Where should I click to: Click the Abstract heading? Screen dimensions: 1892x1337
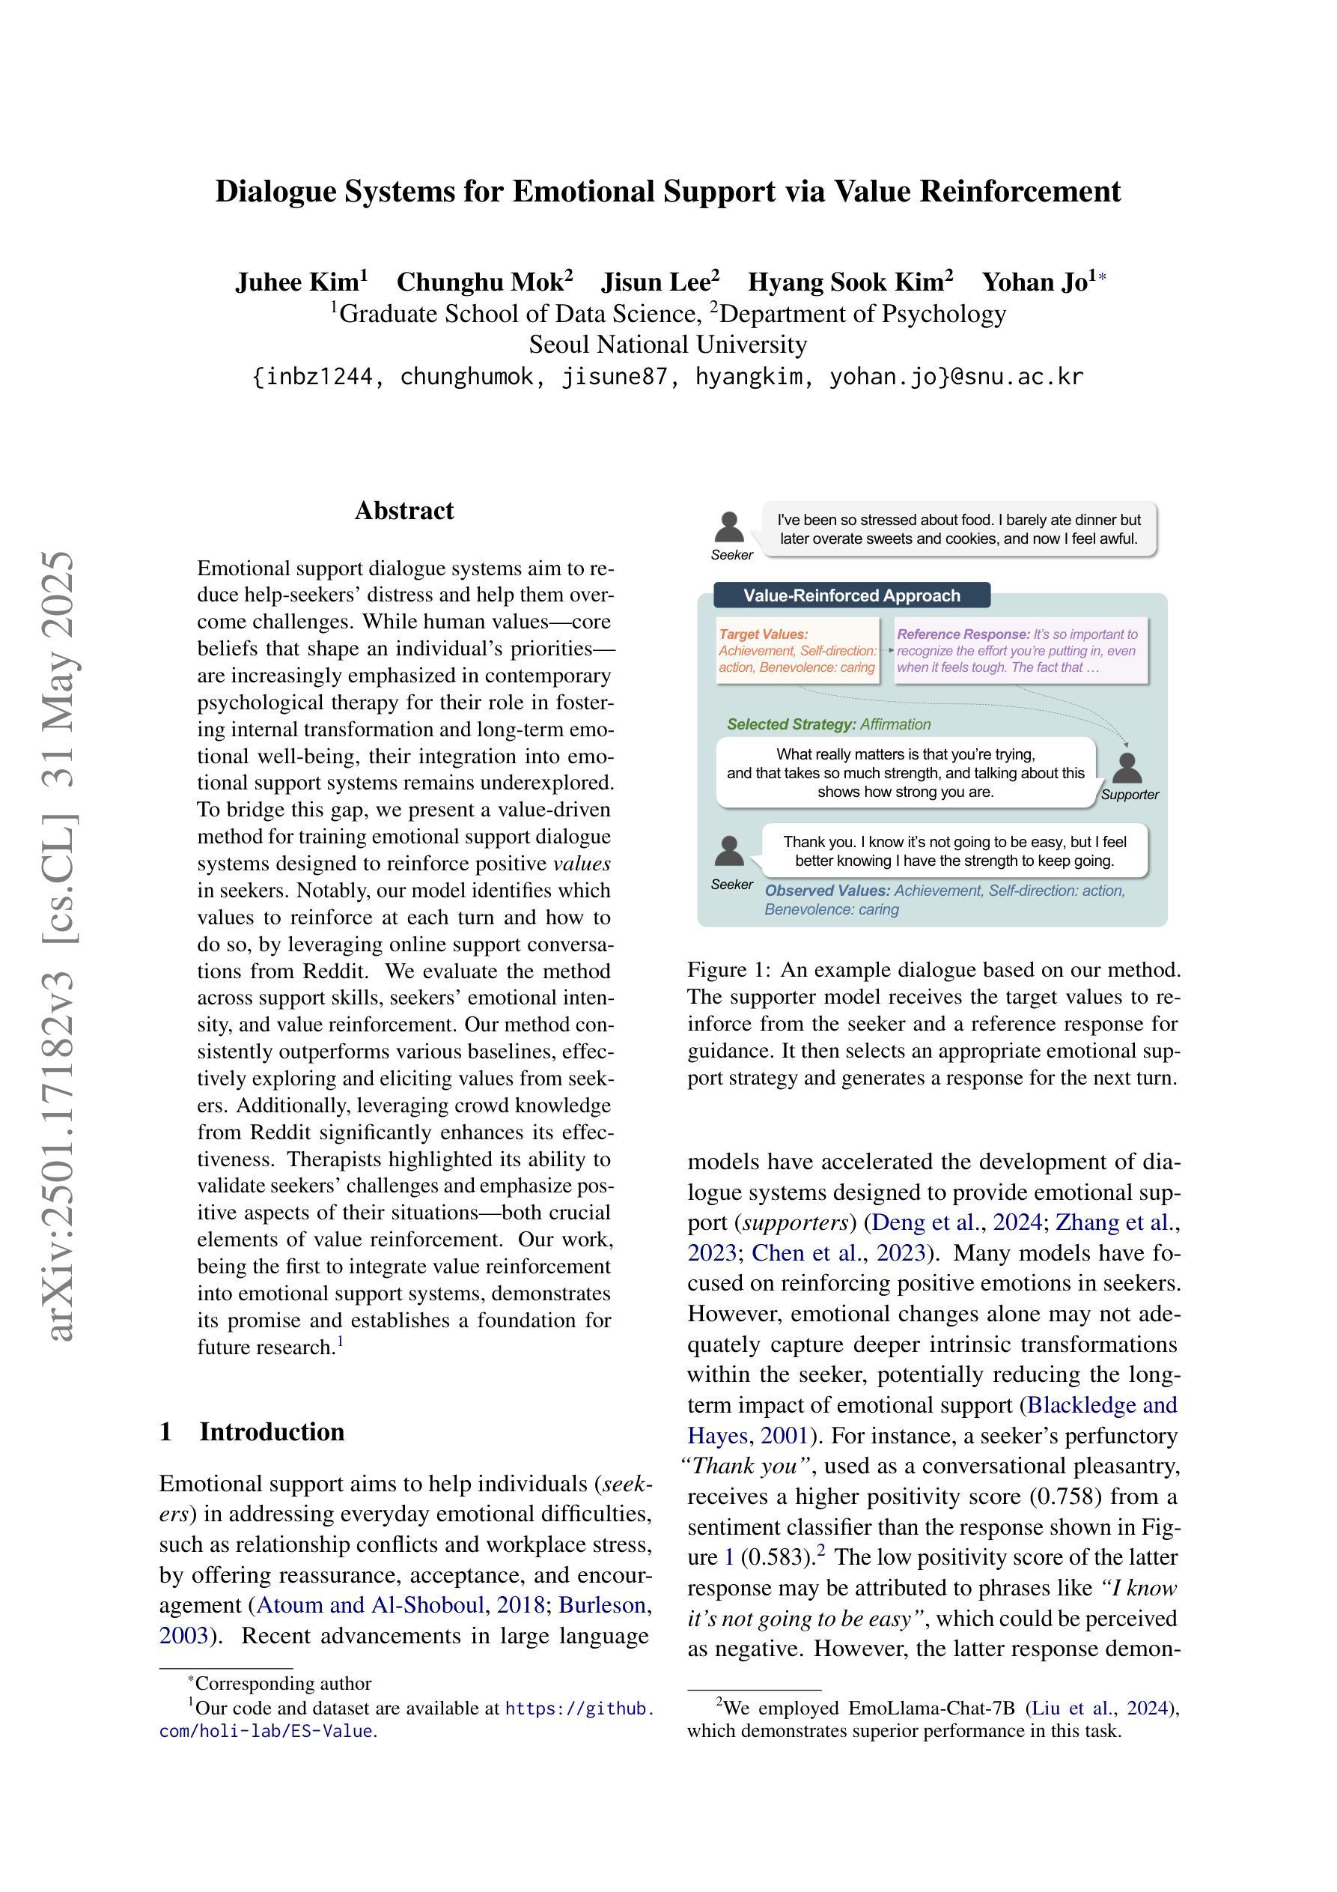403,511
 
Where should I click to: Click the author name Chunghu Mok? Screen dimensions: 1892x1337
484,282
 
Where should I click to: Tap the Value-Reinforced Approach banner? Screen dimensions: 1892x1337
851,595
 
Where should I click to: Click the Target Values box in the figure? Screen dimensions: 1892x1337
797,651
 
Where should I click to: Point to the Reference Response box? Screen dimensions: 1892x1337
1020,651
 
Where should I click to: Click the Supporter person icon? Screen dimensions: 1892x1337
1127,768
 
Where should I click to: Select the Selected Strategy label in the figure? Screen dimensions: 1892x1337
791,724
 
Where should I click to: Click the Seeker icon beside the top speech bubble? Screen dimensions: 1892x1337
730,527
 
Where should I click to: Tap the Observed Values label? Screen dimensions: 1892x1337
827,891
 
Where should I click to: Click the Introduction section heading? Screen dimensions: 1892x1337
271,1431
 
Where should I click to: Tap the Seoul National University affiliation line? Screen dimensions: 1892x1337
667,345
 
